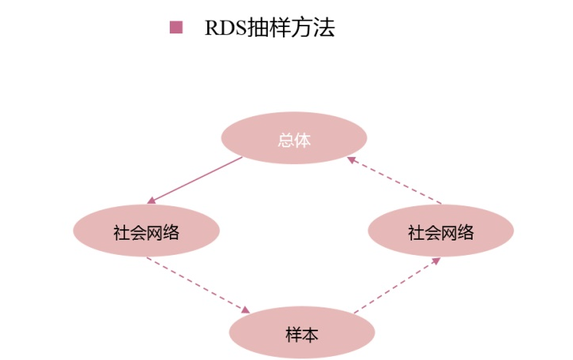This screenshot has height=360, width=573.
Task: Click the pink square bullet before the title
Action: point(176,28)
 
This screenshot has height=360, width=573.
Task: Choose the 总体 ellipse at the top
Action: point(293,139)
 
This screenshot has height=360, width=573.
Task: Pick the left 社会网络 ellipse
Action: point(146,233)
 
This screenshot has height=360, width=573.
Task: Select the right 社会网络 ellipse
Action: point(441,233)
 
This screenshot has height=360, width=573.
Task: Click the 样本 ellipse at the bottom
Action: point(301,332)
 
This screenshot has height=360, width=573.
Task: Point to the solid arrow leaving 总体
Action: point(195,180)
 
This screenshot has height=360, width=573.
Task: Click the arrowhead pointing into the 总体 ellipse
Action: point(351,159)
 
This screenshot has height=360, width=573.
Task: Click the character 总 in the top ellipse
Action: point(285,140)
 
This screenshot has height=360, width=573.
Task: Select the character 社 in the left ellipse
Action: point(120,233)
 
